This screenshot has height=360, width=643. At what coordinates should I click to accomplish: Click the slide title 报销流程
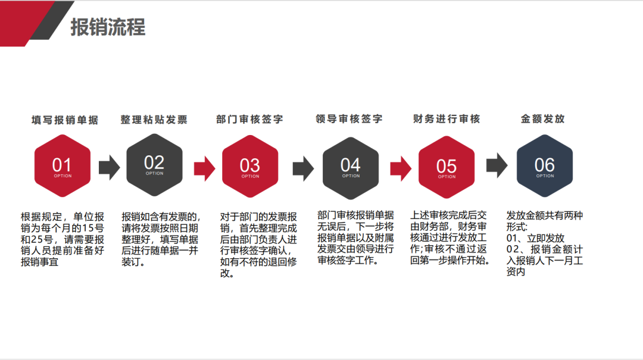(108, 27)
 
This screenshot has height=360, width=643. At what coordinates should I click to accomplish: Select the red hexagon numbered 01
(63, 166)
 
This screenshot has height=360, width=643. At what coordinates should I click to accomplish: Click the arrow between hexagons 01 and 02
(109, 167)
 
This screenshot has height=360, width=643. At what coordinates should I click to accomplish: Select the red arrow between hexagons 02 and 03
(204, 167)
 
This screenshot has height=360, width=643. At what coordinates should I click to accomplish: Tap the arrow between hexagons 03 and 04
(303, 168)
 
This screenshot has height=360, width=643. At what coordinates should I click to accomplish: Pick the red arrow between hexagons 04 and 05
(401, 167)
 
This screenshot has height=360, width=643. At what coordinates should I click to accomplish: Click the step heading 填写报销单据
(65, 120)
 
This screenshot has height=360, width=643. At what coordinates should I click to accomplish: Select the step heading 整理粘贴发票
(154, 120)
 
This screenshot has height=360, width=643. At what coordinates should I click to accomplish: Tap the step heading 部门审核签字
(249, 119)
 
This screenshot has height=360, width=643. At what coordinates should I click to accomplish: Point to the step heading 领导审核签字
(349, 119)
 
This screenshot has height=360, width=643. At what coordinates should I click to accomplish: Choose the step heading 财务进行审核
(447, 119)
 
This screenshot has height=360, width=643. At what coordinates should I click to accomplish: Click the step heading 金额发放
(543, 119)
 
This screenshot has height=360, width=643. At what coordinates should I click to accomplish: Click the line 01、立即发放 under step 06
(536, 238)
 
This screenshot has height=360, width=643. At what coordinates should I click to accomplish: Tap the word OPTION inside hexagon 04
(351, 176)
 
